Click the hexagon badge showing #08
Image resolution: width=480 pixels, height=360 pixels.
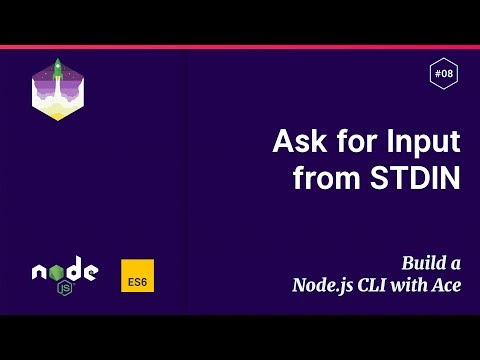[443, 73]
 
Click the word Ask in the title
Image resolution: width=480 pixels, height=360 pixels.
[297, 141]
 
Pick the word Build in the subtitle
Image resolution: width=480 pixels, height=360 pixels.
[424, 264]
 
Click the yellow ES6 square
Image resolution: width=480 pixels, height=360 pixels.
[137, 277]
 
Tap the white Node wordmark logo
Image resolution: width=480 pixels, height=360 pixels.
[65, 271]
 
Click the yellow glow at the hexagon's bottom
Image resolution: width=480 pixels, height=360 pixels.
[58, 113]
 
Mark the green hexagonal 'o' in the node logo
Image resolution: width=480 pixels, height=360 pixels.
[54, 271]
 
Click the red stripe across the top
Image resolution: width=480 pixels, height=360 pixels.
[240, 46]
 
